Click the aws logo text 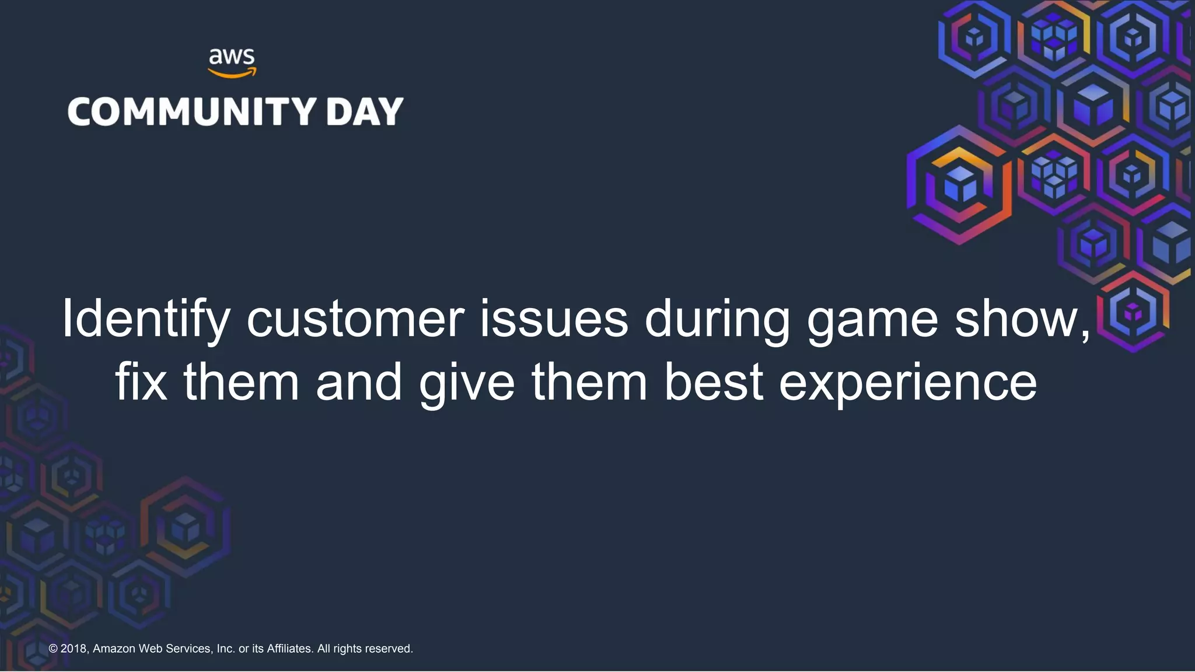(232, 57)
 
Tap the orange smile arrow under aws (232, 73)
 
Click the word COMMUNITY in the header (192, 111)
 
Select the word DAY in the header (365, 111)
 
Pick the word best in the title (714, 382)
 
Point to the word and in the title (359, 382)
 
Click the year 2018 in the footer (74, 649)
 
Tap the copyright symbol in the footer (53, 649)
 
